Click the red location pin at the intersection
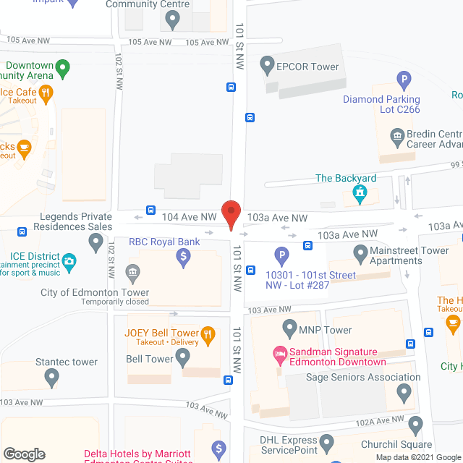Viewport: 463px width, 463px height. [x=230, y=214]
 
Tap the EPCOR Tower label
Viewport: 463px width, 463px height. [x=307, y=67]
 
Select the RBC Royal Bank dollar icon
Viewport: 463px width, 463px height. [x=184, y=256]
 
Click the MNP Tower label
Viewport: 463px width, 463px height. [x=326, y=330]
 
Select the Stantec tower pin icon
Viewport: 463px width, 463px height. [x=51, y=376]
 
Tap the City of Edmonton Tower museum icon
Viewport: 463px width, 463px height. [x=132, y=273]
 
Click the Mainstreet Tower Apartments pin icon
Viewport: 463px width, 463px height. [x=360, y=253]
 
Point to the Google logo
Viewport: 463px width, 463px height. [x=24, y=454]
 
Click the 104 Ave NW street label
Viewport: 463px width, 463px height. [x=189, y=216]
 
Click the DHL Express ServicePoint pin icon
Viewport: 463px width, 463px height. [x=326, y=440]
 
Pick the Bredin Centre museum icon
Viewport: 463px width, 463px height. [x=396, y=135]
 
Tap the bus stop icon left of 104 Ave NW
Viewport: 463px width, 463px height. [x=150, y=211]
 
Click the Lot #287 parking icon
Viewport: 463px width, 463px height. [x=281, y=255]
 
